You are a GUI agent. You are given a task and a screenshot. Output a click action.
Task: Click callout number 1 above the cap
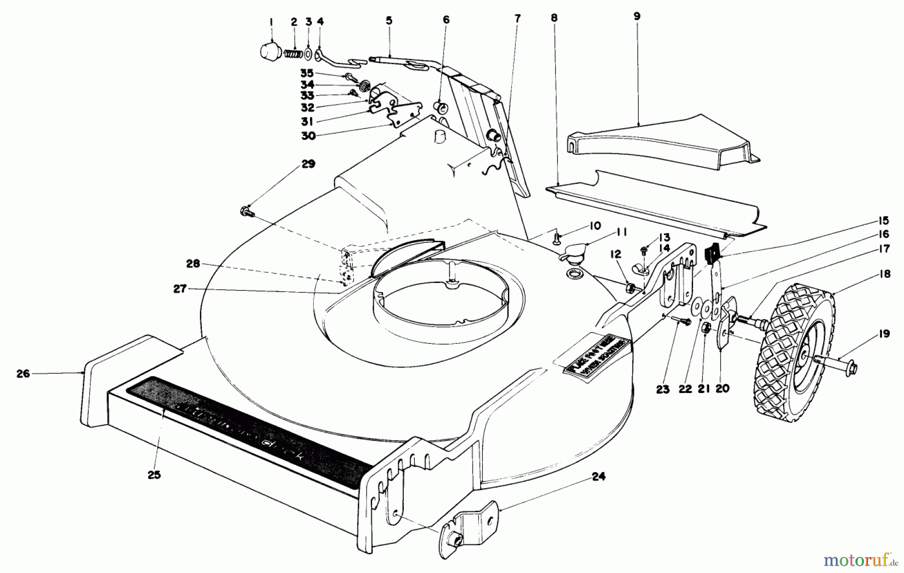pos(271,22)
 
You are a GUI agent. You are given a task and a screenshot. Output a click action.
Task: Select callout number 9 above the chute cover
pos(637,16)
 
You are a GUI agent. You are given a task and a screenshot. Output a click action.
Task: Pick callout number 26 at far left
pos(23,373)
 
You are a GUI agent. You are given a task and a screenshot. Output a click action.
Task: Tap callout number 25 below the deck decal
pos(154,474)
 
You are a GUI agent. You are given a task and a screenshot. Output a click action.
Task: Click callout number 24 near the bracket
pos(598,476)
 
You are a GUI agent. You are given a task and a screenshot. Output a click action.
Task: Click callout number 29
pos(308,164)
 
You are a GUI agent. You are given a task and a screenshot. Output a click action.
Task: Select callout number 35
pos(307,73)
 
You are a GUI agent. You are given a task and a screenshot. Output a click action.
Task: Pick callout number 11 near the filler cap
pos(622,232)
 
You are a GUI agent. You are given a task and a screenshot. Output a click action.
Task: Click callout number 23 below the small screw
pos(663,389)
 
